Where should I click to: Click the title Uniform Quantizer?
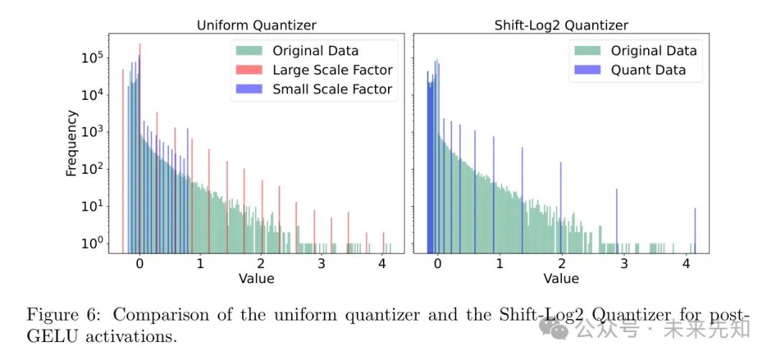point(257,25)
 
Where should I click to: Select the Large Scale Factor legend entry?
point(332,70)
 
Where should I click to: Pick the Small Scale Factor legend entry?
point(332,89)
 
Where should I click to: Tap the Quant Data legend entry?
point(647,70)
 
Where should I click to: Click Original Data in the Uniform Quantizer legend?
point(315,51)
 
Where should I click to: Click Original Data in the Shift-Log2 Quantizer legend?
point(654,51)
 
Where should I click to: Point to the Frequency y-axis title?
point(72,143)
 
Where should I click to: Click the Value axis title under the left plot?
point(257,278)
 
